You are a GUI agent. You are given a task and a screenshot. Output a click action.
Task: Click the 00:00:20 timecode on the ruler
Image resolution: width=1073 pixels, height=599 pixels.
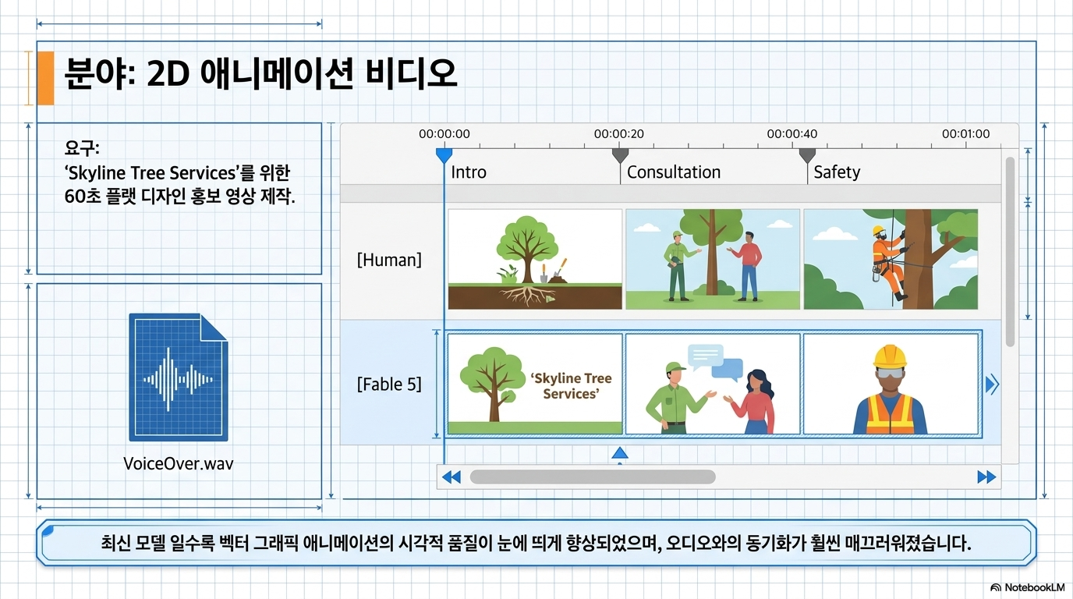[619, 133]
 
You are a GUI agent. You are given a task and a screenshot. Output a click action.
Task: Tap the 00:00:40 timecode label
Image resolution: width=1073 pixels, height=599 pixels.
[791, 133]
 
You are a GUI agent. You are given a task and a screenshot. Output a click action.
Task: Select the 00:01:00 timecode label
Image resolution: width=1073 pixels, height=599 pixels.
[965, 133]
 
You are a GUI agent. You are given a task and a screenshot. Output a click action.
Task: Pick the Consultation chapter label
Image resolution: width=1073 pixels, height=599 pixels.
[674, 172]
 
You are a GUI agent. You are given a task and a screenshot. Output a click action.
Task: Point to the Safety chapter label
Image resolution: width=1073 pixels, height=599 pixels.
[837, 172]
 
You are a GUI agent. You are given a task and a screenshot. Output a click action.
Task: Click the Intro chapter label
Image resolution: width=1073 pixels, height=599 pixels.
[469, 172]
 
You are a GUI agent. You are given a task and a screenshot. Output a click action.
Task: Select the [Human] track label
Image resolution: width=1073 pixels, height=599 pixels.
[389, 260]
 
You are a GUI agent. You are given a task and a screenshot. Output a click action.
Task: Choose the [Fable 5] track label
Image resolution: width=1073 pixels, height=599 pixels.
[389, 385]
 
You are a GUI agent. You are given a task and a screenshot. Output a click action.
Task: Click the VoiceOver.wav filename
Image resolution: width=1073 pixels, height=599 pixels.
[179, 463]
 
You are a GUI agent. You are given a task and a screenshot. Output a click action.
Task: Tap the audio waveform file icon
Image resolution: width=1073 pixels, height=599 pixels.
[179, 377]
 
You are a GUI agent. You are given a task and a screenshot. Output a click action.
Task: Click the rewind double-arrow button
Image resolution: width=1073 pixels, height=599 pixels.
[452, 477]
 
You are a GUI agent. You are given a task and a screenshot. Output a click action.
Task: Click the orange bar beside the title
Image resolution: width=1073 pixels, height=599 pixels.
[45, 78]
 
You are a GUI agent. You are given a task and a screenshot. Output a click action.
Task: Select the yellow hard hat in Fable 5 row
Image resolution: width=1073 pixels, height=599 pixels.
[890, 357]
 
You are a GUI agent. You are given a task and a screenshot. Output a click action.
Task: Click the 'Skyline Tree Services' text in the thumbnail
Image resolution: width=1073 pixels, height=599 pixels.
[571, 386]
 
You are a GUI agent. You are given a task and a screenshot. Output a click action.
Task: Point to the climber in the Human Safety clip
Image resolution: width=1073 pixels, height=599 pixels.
[889, 261]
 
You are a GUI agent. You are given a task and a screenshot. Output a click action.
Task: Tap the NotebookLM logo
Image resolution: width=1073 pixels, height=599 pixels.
[1028, 587]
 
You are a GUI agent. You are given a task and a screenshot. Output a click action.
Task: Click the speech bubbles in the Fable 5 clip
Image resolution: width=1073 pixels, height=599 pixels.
[715, 362]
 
